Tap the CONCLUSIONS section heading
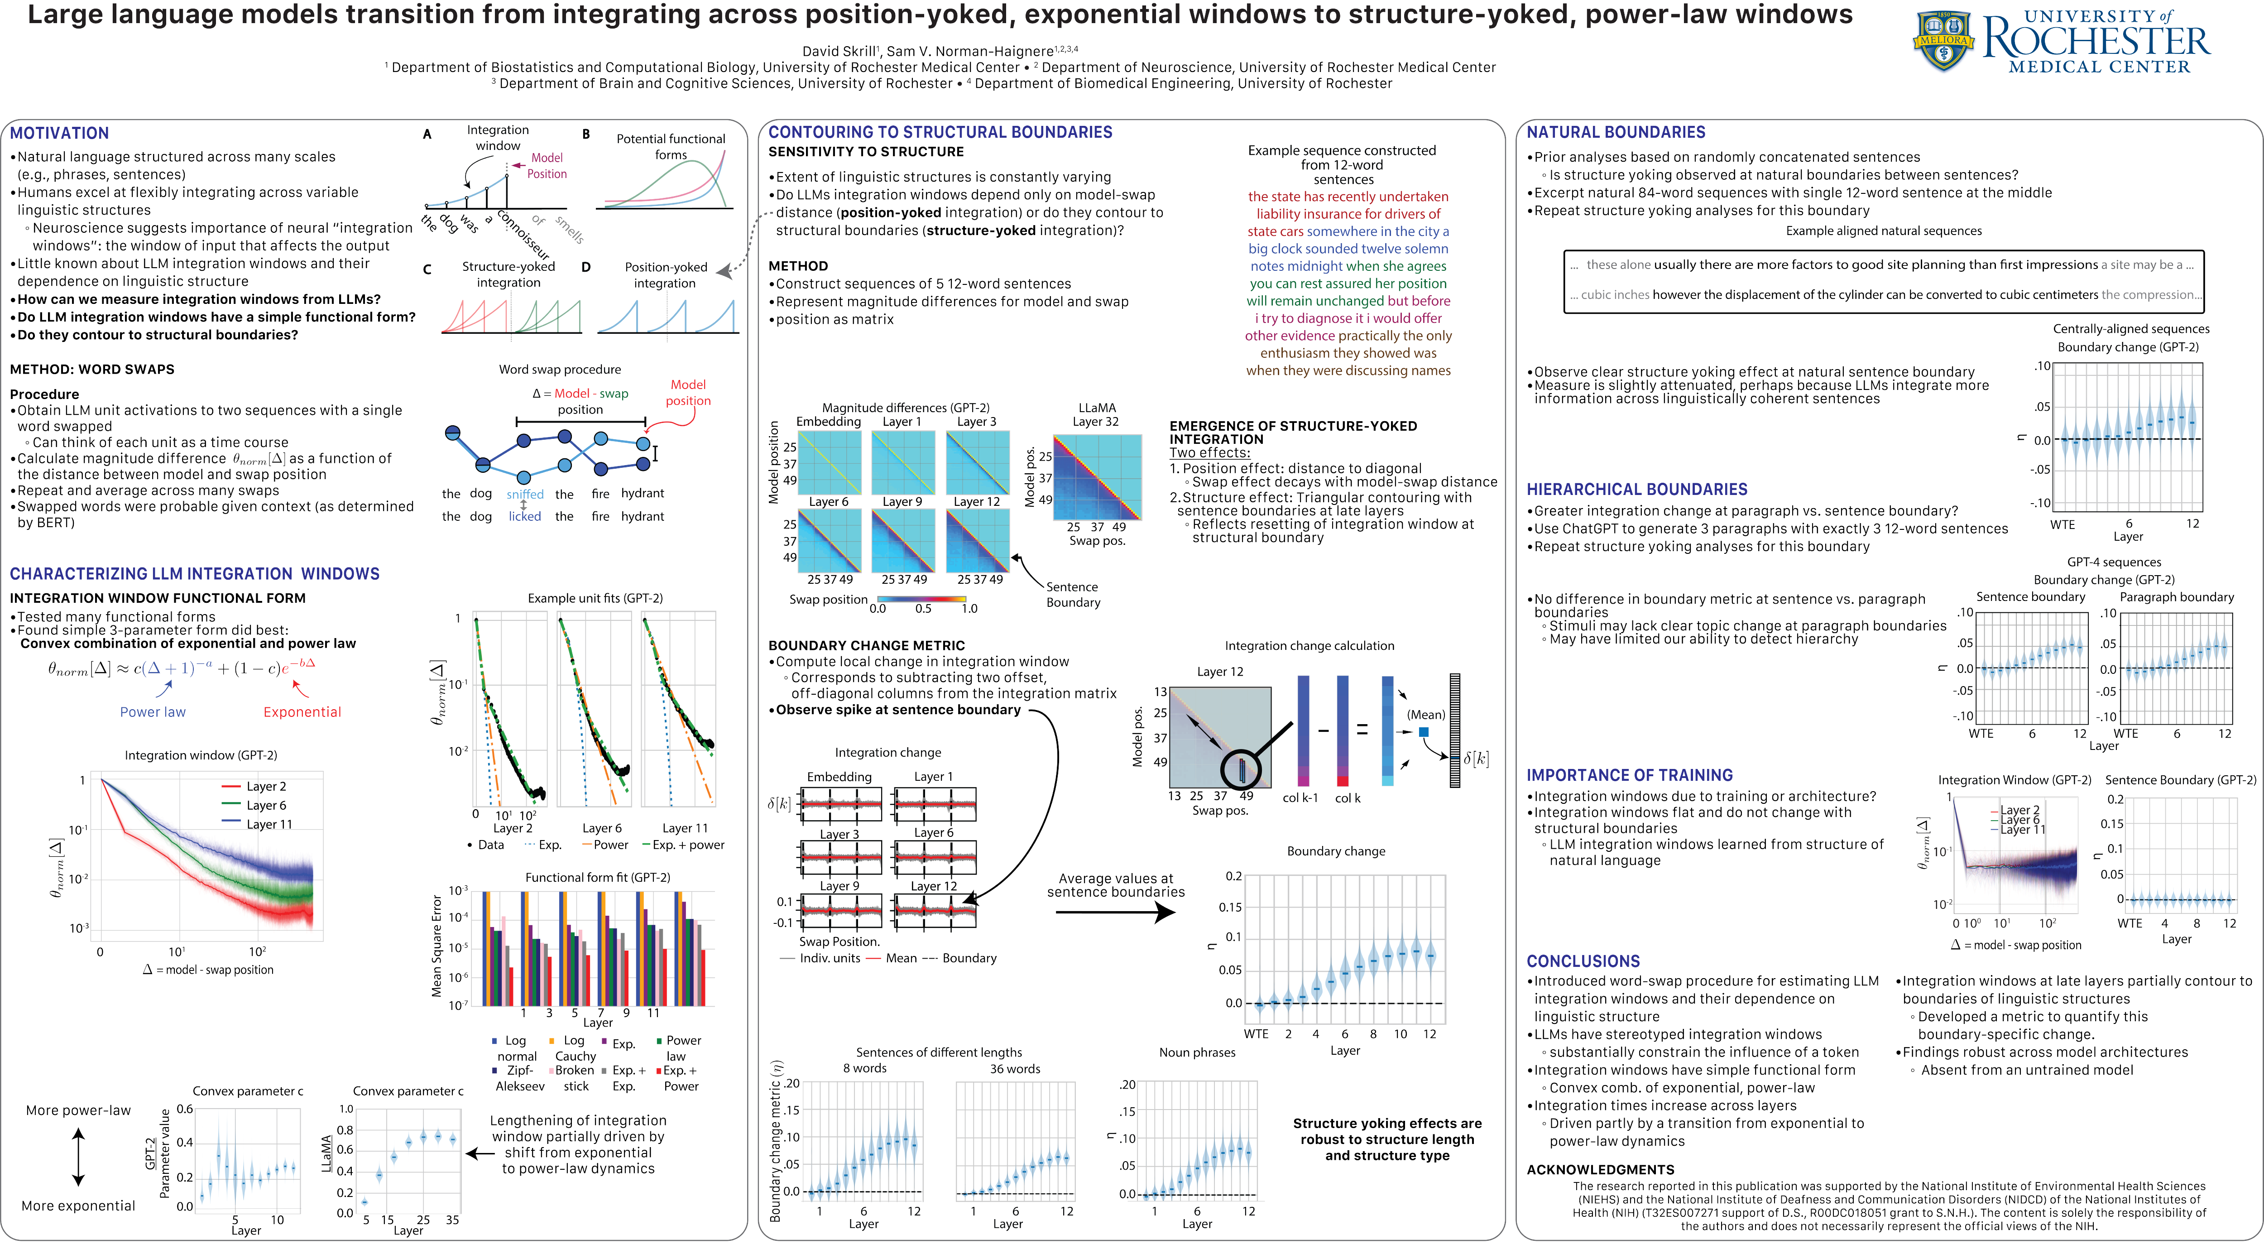pos(1583,961)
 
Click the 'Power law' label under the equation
pos(153,712)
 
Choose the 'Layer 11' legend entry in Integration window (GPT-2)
pos(269,825)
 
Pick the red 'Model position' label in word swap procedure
pos(688,392)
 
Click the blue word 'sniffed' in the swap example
pos(525,494)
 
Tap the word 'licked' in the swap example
pos(525,517)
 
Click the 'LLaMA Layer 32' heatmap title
pos(1097,414)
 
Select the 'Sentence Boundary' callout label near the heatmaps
pos(1072,594)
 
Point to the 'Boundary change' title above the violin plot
pos(1336,851)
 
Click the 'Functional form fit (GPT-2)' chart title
pos(598,877)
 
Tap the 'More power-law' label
pos(78,1110)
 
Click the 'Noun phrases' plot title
pos(1197,1052)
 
